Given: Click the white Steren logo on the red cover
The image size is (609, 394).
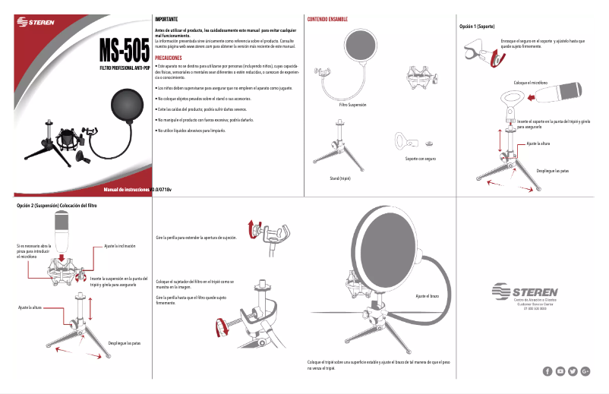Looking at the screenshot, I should click(36, 24).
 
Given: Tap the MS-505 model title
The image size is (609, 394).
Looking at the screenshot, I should click(124, 52).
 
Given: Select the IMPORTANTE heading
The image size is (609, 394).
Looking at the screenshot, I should click(166, 18).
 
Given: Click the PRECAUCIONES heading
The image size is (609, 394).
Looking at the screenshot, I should click(168, 58).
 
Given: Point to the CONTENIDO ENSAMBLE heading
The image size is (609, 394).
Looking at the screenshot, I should click(327, 18).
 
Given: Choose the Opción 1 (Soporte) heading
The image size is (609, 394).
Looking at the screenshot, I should click(478, 27).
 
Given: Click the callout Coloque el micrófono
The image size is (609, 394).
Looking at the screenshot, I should click(530, 82).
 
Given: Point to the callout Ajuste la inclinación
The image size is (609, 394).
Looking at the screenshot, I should click(120, 246).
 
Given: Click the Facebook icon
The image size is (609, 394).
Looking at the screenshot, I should click(547, 370).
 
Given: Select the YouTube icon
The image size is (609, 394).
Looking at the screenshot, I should click(560, 370).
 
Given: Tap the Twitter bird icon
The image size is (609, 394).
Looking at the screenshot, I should click(573, 370).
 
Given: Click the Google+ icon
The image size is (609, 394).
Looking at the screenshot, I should click(585, 370).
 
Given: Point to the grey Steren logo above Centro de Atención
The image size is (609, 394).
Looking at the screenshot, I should click(525, 291).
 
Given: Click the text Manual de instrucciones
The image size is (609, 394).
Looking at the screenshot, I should click(127, 188).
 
